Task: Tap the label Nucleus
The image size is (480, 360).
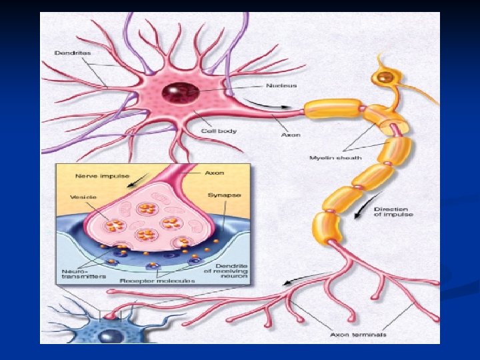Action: (x=282, y=85)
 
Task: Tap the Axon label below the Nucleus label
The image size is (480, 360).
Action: (x=291, y=135)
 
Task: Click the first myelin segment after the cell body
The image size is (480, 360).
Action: (x=331, y=106)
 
